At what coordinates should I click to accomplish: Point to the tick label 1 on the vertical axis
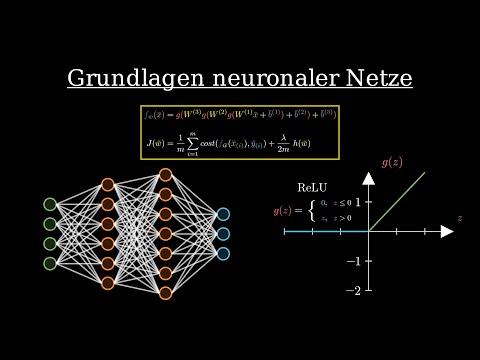(x=358, y=202)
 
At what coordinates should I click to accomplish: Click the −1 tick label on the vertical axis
(x=353, y=261)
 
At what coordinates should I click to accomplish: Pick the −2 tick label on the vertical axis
(x=353, y=291)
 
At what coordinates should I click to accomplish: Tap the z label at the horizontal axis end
(x=459, y=217)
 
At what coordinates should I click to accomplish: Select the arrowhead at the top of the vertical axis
(x=368, y=178)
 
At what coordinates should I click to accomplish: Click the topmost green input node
(x=50, y=204)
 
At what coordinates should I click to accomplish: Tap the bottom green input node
(x=50, y=263)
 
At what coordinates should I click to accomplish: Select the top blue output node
(x=223, y=214)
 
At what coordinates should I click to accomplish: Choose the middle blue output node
(x=223, y=234)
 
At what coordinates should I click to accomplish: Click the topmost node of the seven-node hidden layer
(x=165, y=175)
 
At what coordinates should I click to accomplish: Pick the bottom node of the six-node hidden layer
(x=108, y=283)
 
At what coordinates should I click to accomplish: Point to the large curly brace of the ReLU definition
(x=312, y=211)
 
